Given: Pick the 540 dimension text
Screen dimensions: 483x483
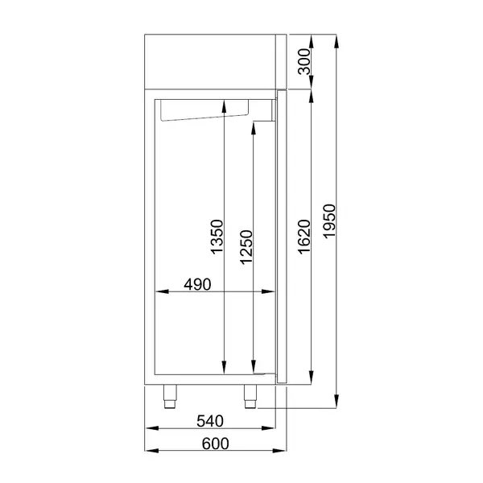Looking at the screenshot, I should click(x=210, y=421).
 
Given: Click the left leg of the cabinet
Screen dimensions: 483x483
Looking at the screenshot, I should click(x=171, y=394).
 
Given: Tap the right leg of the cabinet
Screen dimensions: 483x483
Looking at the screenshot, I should click(x=249, y=394).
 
